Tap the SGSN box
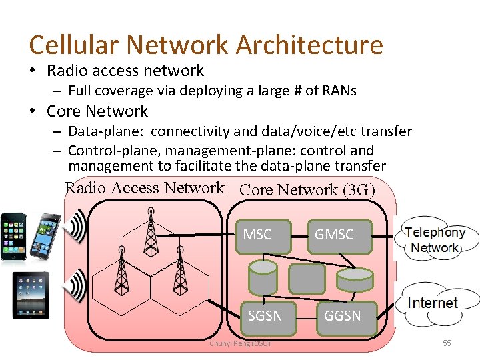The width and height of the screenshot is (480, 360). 265,316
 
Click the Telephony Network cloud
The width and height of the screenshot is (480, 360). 434,241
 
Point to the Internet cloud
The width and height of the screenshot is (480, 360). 433,303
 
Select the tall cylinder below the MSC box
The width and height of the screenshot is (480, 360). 262,276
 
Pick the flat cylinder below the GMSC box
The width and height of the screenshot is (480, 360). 354,279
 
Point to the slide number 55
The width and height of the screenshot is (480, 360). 447,343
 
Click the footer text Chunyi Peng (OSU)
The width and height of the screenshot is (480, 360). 239,343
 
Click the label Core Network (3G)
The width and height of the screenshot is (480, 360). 307,190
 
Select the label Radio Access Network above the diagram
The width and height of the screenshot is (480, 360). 145,188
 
